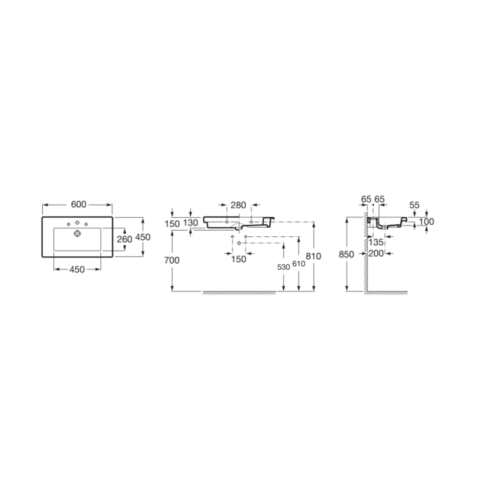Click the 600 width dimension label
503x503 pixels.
pos(78,204)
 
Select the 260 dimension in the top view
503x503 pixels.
pos(125,239)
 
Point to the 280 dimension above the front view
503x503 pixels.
pos(238,205)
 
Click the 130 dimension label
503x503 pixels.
pos(191,223)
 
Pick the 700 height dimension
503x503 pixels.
pos(172,260)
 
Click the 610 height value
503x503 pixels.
pos(298,264)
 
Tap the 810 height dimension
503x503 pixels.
pos(314,257)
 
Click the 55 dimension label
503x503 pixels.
pos(414,205)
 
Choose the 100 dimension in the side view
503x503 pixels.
pos(427,222)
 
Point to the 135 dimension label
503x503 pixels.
pos(377,242)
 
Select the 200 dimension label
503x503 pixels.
pos(377,253)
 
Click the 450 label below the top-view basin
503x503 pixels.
pos(77,269)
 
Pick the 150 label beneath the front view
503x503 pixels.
pos(238,258)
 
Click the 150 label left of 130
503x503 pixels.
pos(173,223)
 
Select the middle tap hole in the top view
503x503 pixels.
pos(77,223)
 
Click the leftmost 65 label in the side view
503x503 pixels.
pos(366,199)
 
